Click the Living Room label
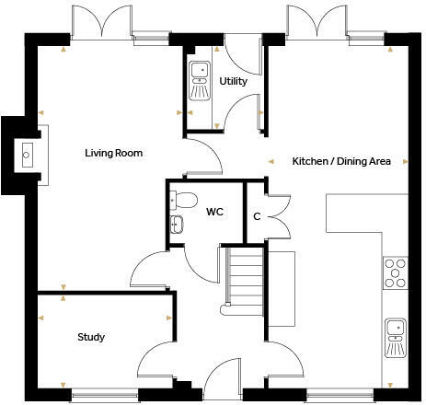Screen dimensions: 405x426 pyautogui.click(x=113, y=153)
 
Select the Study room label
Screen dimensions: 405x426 pyautogui.click(x=90, y=337)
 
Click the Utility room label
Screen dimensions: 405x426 pyautogui.click(x=233, y=82)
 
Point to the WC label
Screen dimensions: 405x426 pyautogui.click(x=214, y=212)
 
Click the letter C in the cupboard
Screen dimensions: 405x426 pyautogui.click(x=257, y=216)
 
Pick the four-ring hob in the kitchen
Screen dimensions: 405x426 pyautogui.click(x=395, y=272)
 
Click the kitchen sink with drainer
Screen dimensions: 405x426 pyautogui.click(x=395, y=337)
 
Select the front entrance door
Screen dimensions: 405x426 pyautogui.click(x=221, y=378)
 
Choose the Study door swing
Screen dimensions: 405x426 pyautogui.click(x=158, y=357)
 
